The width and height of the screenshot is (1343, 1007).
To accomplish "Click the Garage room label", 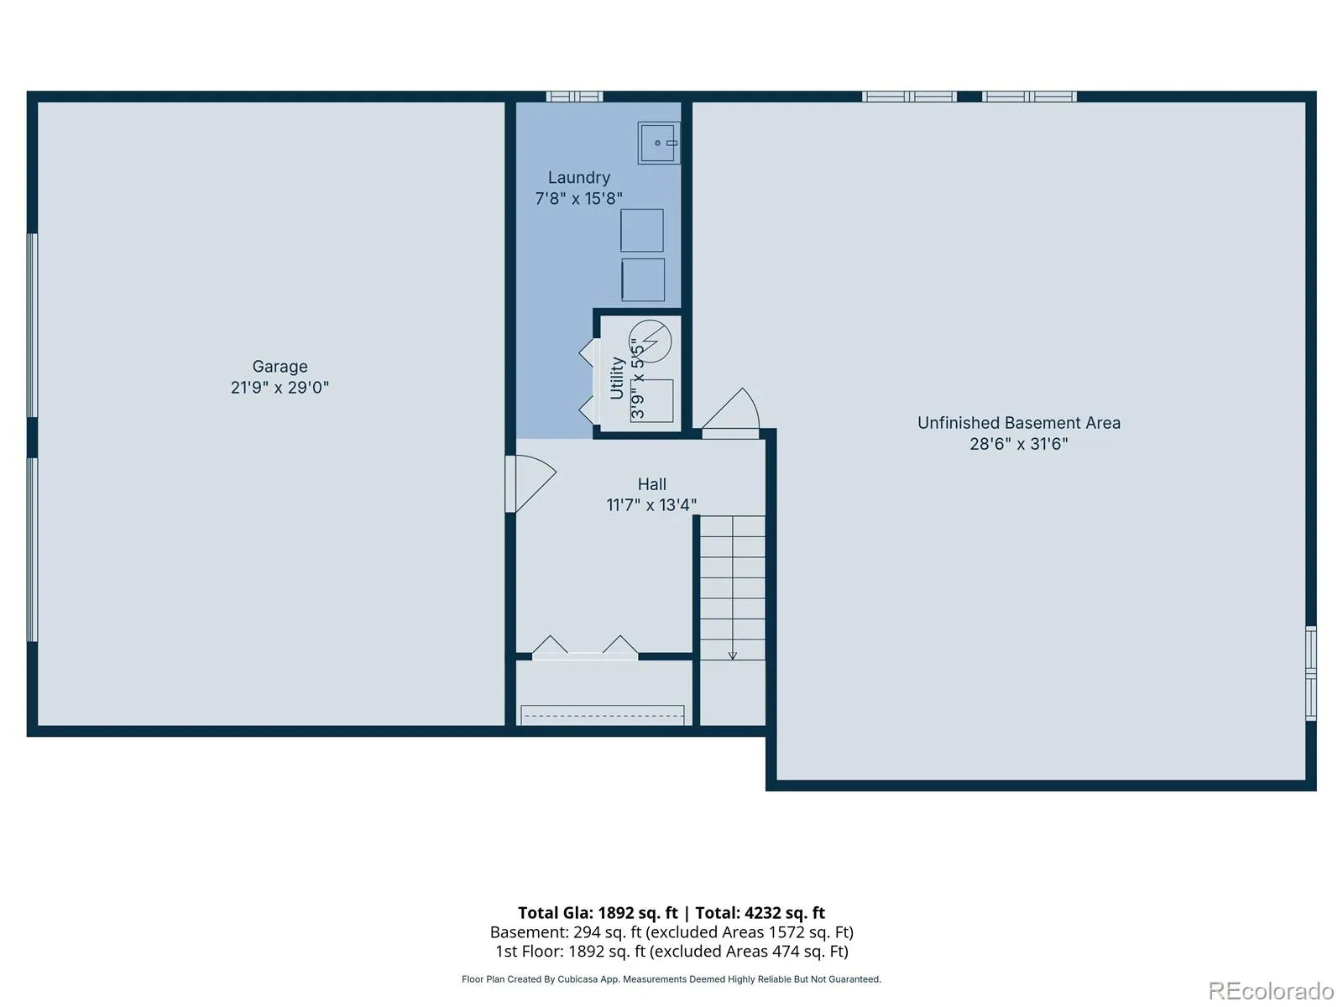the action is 280,367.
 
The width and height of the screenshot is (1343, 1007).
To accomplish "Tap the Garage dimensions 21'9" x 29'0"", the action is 280,388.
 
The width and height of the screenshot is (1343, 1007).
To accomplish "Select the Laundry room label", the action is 579,178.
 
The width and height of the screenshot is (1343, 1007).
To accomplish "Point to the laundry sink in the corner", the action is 658,143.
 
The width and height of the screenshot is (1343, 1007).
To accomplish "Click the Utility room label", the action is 617,378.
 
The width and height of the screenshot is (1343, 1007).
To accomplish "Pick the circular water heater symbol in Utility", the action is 650,342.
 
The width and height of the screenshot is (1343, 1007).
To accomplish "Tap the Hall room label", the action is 651,484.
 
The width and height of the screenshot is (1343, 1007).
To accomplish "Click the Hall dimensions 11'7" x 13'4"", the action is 651,505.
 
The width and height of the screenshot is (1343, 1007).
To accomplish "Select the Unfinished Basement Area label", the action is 1019,423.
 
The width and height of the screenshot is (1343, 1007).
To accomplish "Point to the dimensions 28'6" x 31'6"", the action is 1019,444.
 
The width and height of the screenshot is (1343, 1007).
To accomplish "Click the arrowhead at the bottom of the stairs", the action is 733,657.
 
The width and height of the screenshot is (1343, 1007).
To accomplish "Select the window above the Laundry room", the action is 574,97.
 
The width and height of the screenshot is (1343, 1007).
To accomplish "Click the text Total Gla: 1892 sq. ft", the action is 598,913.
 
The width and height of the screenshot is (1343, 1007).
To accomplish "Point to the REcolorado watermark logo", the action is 1271,990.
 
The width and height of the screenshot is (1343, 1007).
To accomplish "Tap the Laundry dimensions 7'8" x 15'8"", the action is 579,199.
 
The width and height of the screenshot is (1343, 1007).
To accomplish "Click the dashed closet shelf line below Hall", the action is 603,715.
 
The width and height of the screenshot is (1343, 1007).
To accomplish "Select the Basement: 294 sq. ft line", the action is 671,932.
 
